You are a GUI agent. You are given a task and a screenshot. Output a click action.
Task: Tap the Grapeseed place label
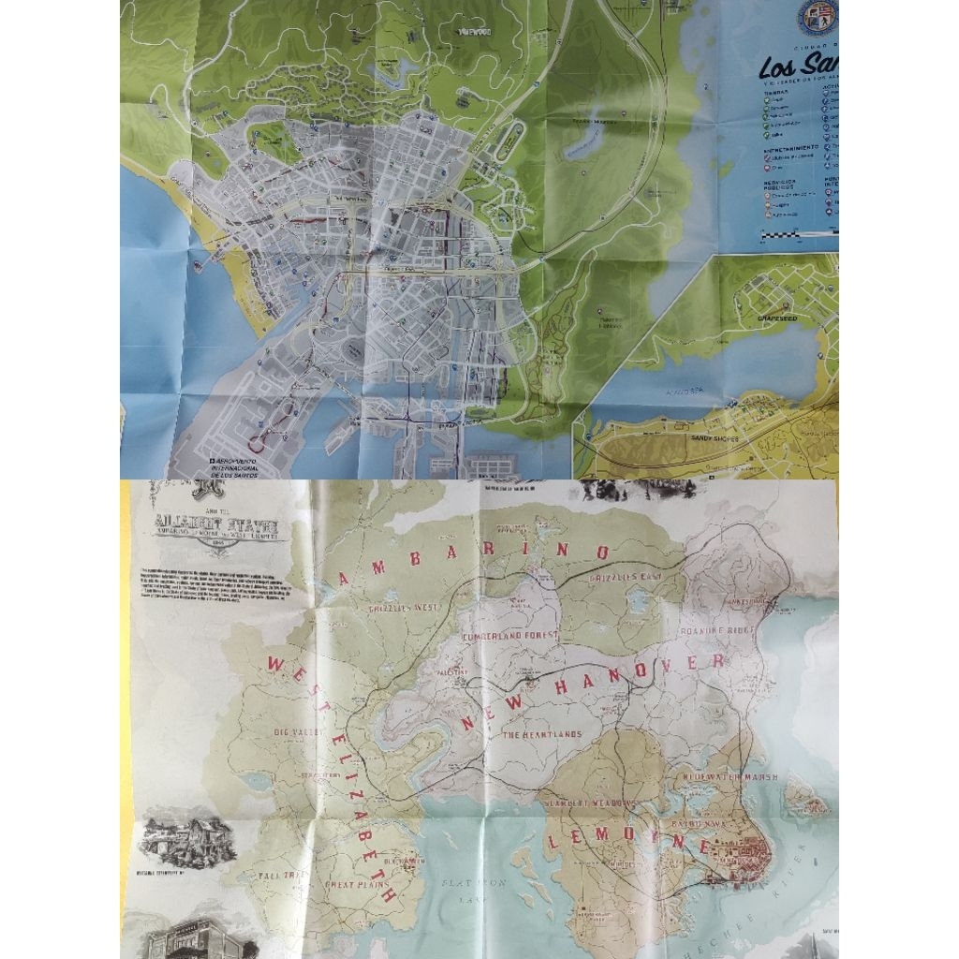coord(774,318)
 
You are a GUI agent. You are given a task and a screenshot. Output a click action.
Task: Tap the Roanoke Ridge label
coord(730,632)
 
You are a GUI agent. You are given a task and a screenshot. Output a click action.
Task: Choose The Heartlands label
coord(542,735)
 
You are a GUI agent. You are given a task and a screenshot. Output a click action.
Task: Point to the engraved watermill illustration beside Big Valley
coord(187,839)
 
